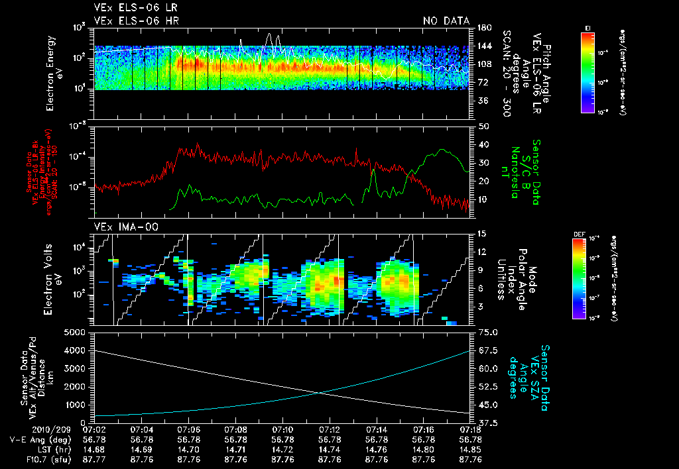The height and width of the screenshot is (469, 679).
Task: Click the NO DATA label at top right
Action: (446, 21)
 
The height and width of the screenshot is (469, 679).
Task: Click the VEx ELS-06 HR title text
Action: (136, 21)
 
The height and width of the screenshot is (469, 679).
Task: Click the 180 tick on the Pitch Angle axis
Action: (483, 28)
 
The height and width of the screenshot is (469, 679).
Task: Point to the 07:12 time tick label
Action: (330, 429)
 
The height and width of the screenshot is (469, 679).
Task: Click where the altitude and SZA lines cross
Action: (321, 393)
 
